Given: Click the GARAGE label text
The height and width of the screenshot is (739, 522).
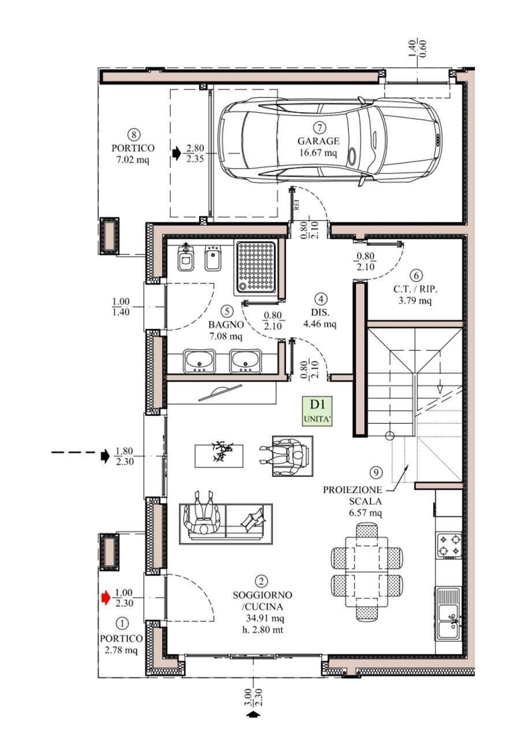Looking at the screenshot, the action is [318, 141].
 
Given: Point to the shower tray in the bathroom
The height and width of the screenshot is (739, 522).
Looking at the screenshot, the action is [256, 268].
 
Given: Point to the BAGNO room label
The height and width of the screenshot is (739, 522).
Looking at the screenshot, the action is [226, 324].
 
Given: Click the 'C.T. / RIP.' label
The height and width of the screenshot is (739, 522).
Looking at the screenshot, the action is [415, 290].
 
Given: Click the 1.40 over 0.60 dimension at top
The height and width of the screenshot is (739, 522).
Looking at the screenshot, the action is [417, 48].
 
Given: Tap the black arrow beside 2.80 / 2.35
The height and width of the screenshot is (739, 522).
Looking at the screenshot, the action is [177, 153].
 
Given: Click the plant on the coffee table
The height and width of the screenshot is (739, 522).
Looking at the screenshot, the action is [222, 451].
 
